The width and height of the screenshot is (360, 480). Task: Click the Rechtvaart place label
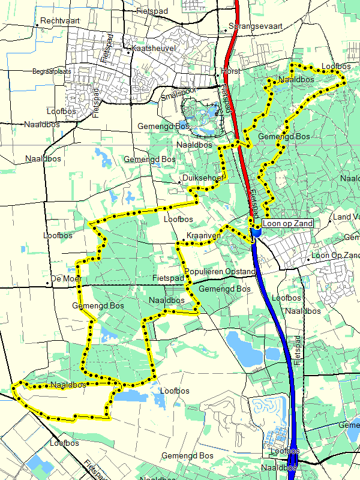[x=61, y=21]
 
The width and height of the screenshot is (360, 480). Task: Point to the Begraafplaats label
[x=52, y=71]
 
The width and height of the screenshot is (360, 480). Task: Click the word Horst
[x=230, y=71]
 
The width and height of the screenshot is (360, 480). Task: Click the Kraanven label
[x=203, y=236]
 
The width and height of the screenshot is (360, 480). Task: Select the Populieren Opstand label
[x=220, y=272]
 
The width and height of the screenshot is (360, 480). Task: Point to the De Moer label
[x=66, y=279]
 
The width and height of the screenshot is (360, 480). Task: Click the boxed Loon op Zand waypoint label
[x=287, y=223]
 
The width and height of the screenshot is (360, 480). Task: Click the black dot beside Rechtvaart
[x=37, y=25]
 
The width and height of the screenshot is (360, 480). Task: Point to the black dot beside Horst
[x=217, y=73]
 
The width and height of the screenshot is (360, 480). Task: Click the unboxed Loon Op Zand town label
[x=336, y=256]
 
